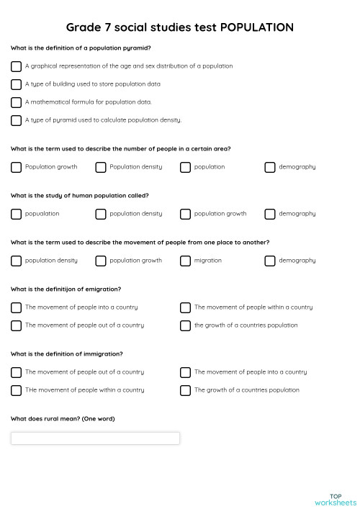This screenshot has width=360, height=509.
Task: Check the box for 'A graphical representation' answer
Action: [x=16, y=66]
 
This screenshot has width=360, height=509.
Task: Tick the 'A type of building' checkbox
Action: [x=16, y=84]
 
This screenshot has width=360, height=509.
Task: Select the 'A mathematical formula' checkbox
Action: [x=16, y=102]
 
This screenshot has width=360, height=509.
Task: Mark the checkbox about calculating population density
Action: [x=16, y=120]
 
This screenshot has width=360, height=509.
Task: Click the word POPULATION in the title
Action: [x=256, y=27]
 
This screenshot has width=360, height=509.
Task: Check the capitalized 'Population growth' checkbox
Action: [x=16, y=167]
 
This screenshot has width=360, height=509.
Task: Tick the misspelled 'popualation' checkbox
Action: [x=16, y=214]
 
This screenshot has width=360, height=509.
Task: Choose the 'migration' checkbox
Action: [x=185, y=261]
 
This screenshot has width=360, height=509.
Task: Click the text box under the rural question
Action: [x=95, y=438]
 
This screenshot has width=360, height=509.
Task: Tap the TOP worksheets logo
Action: [x=336, y=499]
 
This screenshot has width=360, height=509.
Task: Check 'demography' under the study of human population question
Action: [x=270, y=214]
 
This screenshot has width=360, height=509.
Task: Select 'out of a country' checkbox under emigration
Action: [x=16, y=325]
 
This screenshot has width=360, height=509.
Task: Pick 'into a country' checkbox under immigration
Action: [x=185, y=372]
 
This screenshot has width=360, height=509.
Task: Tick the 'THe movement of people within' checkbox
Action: [x=16, y=390]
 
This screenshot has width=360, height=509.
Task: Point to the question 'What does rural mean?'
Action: [x=63, y=419]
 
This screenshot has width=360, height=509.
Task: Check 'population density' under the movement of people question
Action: [x=16, y=261]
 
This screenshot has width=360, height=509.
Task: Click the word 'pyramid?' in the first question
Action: [x=138, y=48]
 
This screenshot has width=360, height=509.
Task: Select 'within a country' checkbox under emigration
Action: [x=185, y=307]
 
